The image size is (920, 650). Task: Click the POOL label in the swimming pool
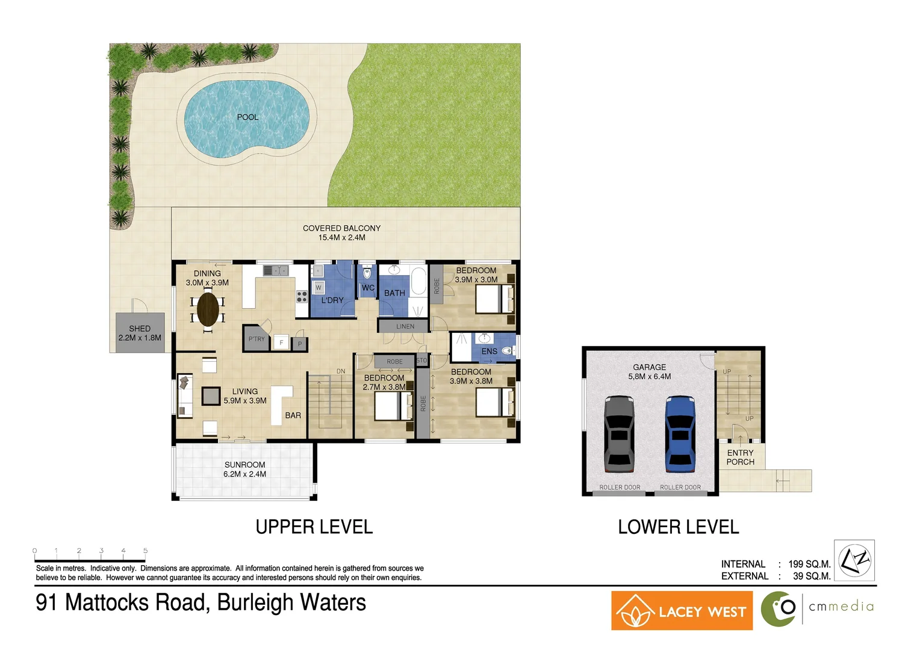click(247, 117)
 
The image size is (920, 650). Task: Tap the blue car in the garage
click(680, 433)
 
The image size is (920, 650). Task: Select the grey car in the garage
click(619, 433)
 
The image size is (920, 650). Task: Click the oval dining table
click(208, 309)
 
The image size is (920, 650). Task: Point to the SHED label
click(140, 329)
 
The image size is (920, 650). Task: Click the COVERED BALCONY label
click(341, 228)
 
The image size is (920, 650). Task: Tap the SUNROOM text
click(244, 465)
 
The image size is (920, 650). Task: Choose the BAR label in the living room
click(293, 415)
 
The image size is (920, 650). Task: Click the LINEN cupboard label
click(405, 326)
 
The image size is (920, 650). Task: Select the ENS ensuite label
click(489, 351)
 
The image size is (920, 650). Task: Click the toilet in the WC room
click(367, 273)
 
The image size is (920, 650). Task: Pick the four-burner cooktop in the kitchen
click(302, 296)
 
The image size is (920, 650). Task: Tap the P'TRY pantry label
click(256, 339)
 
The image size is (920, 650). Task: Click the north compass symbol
click(854, 560)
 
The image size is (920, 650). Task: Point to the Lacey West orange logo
click(682, 611)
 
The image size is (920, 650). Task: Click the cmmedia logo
click(818, 608)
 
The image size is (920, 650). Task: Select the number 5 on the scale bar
click(145, 551)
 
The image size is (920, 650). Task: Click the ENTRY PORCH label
click(740, 457)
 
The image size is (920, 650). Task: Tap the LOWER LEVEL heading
click(678, 527)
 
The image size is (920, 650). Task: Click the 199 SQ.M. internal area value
click(809, 564)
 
